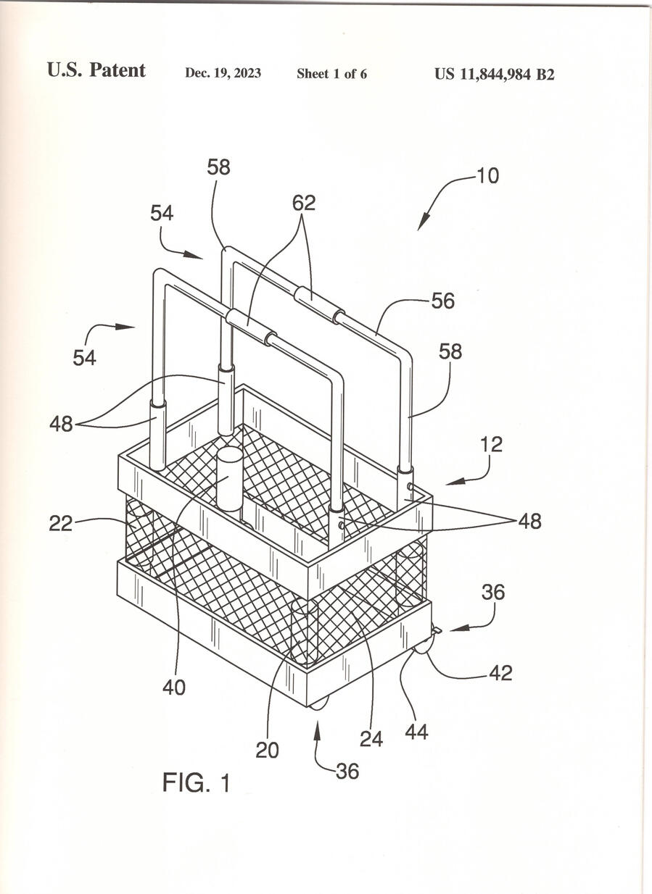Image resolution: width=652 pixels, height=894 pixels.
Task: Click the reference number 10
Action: coord(488,175)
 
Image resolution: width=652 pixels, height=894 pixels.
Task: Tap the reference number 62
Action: coord(304,203)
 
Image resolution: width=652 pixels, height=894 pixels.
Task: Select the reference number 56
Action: coord(442,301)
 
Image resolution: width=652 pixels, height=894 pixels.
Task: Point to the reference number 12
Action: coord(492,445)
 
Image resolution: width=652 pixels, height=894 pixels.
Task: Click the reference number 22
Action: coord(61,524)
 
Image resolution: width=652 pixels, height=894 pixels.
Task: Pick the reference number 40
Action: coord(174,688)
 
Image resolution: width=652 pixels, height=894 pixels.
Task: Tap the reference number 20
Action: coord(267,751)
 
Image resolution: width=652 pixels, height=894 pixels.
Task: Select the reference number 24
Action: coord(371,739)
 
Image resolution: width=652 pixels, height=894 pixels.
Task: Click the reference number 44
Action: coord(416,732)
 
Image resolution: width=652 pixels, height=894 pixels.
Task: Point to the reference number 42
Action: coord(500,673)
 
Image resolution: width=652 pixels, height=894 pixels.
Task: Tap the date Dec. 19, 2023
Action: coord(223,73)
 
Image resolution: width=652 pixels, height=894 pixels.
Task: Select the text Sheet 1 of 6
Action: coord(331,73)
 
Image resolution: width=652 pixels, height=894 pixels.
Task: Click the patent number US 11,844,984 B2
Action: coord(494,74)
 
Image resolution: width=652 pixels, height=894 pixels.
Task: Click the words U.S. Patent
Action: coord(96,70)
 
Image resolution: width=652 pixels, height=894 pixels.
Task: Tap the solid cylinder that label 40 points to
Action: coord(229,479)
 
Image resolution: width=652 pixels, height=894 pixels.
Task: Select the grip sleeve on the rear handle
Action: coord(319,304)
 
